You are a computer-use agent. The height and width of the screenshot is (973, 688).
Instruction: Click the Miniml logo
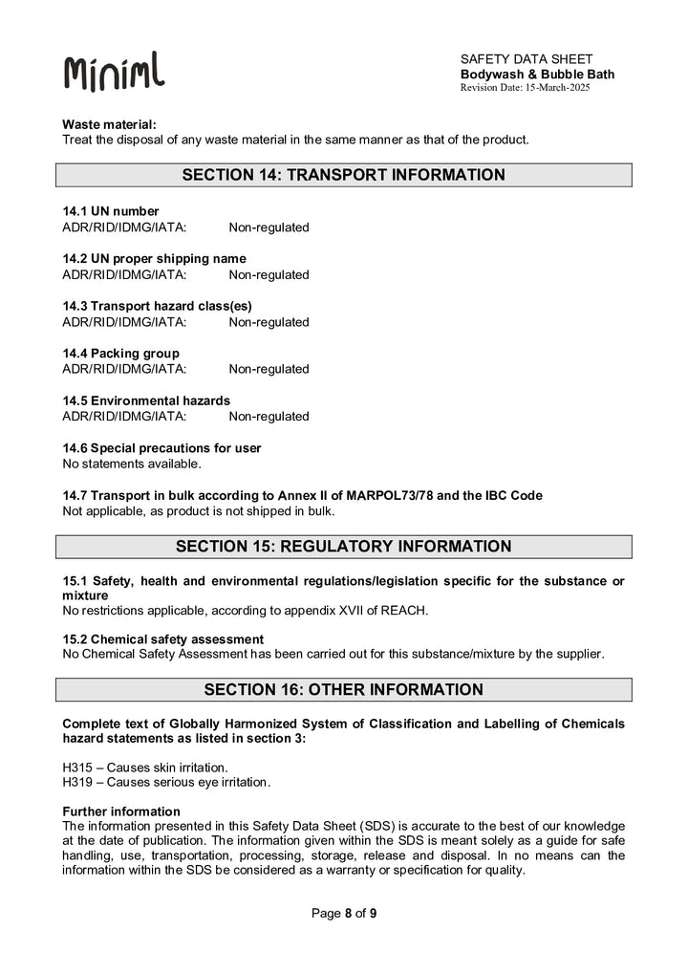pyautogui.click(x=113, y=71)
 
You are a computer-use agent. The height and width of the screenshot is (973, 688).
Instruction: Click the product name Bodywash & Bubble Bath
pyautogui.click(x=537, y=74)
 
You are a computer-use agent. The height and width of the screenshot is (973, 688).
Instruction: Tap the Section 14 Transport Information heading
pyautogui.click(x=343, y=175)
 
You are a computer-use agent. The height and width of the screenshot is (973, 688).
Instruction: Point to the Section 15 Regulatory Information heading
pyautogui.click(x=343, y=547)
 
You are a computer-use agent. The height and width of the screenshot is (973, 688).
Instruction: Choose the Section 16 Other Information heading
pyautogui.click(x=343, y=689)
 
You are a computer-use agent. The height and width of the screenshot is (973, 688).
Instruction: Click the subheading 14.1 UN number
pyautogui.click(x=111, y=211)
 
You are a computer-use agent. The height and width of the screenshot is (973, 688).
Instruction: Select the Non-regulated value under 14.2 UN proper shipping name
pyautogui.click(x=269, y=274)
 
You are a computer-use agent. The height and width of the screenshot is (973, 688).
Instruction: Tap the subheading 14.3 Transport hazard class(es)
pyautogui.click(x=157, y=306)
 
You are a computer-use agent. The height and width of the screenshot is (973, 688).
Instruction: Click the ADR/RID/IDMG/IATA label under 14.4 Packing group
pyautogui.click(x=124, y=369)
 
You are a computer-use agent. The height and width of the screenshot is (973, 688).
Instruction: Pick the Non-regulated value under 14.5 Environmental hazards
pyautogui.click(x=269, y=416)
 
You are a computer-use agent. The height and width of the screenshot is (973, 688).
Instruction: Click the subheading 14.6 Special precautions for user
pyautogui.click(x=161, y=448)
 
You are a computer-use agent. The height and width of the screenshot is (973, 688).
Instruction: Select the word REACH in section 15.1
pyautogui.click(x=406, y=610)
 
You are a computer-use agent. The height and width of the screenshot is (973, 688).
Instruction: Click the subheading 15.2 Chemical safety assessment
pyautogui.click(x=162, y=638)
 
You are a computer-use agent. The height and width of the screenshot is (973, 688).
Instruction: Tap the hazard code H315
pyautogui.click(x=78, y=767)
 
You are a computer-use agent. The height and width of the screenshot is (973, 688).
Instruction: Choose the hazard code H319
pyautogui.click(x=78, y=782)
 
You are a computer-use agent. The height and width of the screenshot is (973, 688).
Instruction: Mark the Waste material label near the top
pyautogui.click(x=109, y=124)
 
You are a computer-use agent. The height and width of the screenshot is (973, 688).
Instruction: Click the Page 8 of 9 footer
pyautogui.click(x=343, y=913)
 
